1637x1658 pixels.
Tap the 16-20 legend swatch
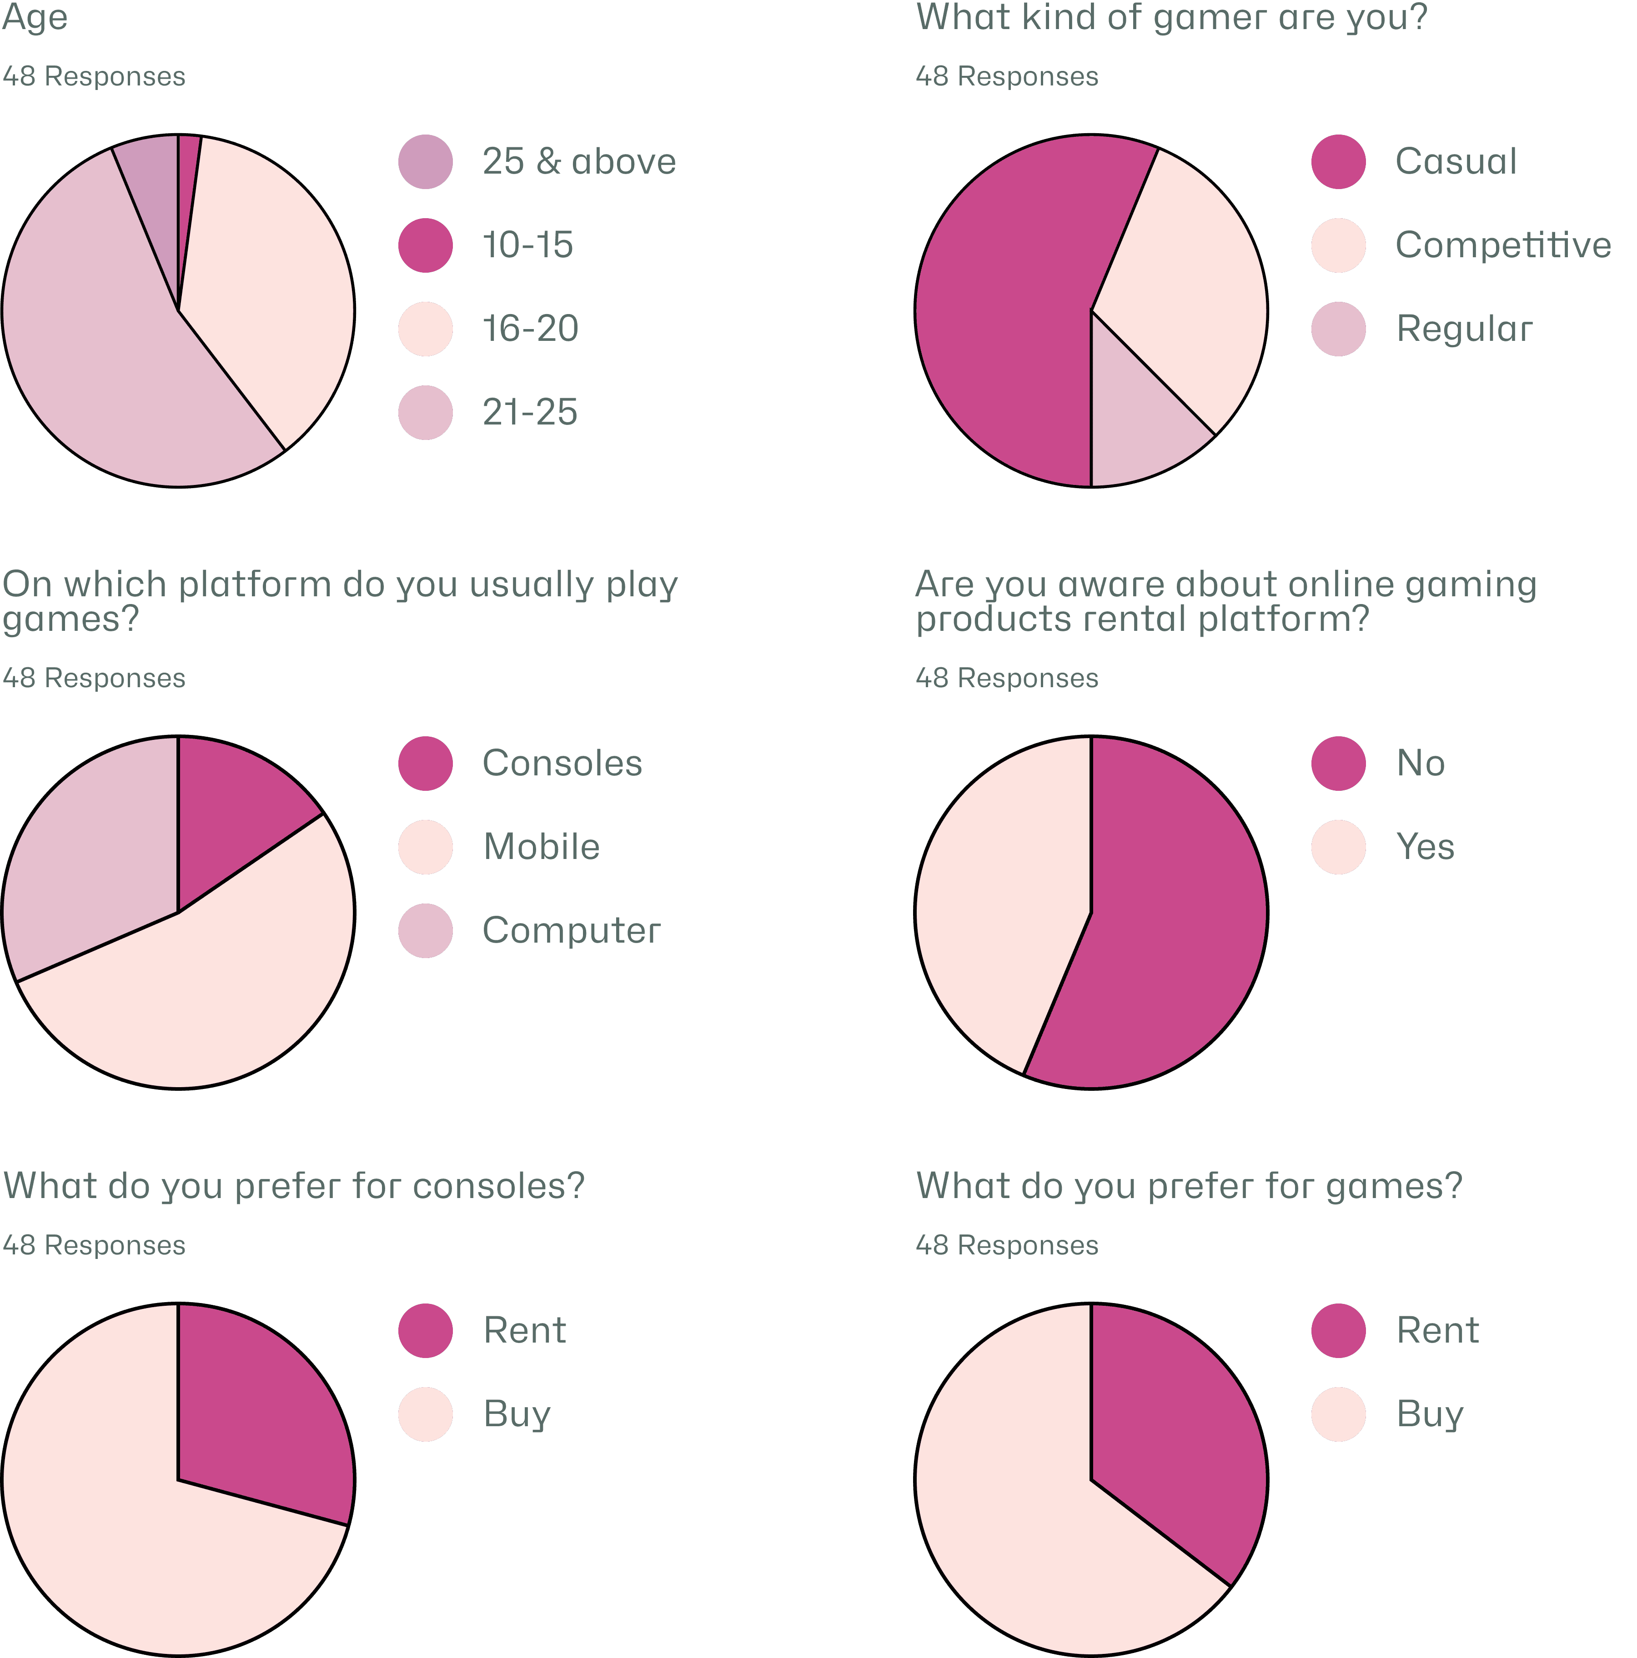coord(425,329)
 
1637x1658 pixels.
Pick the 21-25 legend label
coord(530,413)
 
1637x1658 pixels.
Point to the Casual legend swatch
coord(1338,161)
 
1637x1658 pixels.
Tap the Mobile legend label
coord(541,847)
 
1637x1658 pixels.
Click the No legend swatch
coord(1338,763)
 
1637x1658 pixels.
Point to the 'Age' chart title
coord(35,17)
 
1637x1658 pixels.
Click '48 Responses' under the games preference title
coord(1006,1245)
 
